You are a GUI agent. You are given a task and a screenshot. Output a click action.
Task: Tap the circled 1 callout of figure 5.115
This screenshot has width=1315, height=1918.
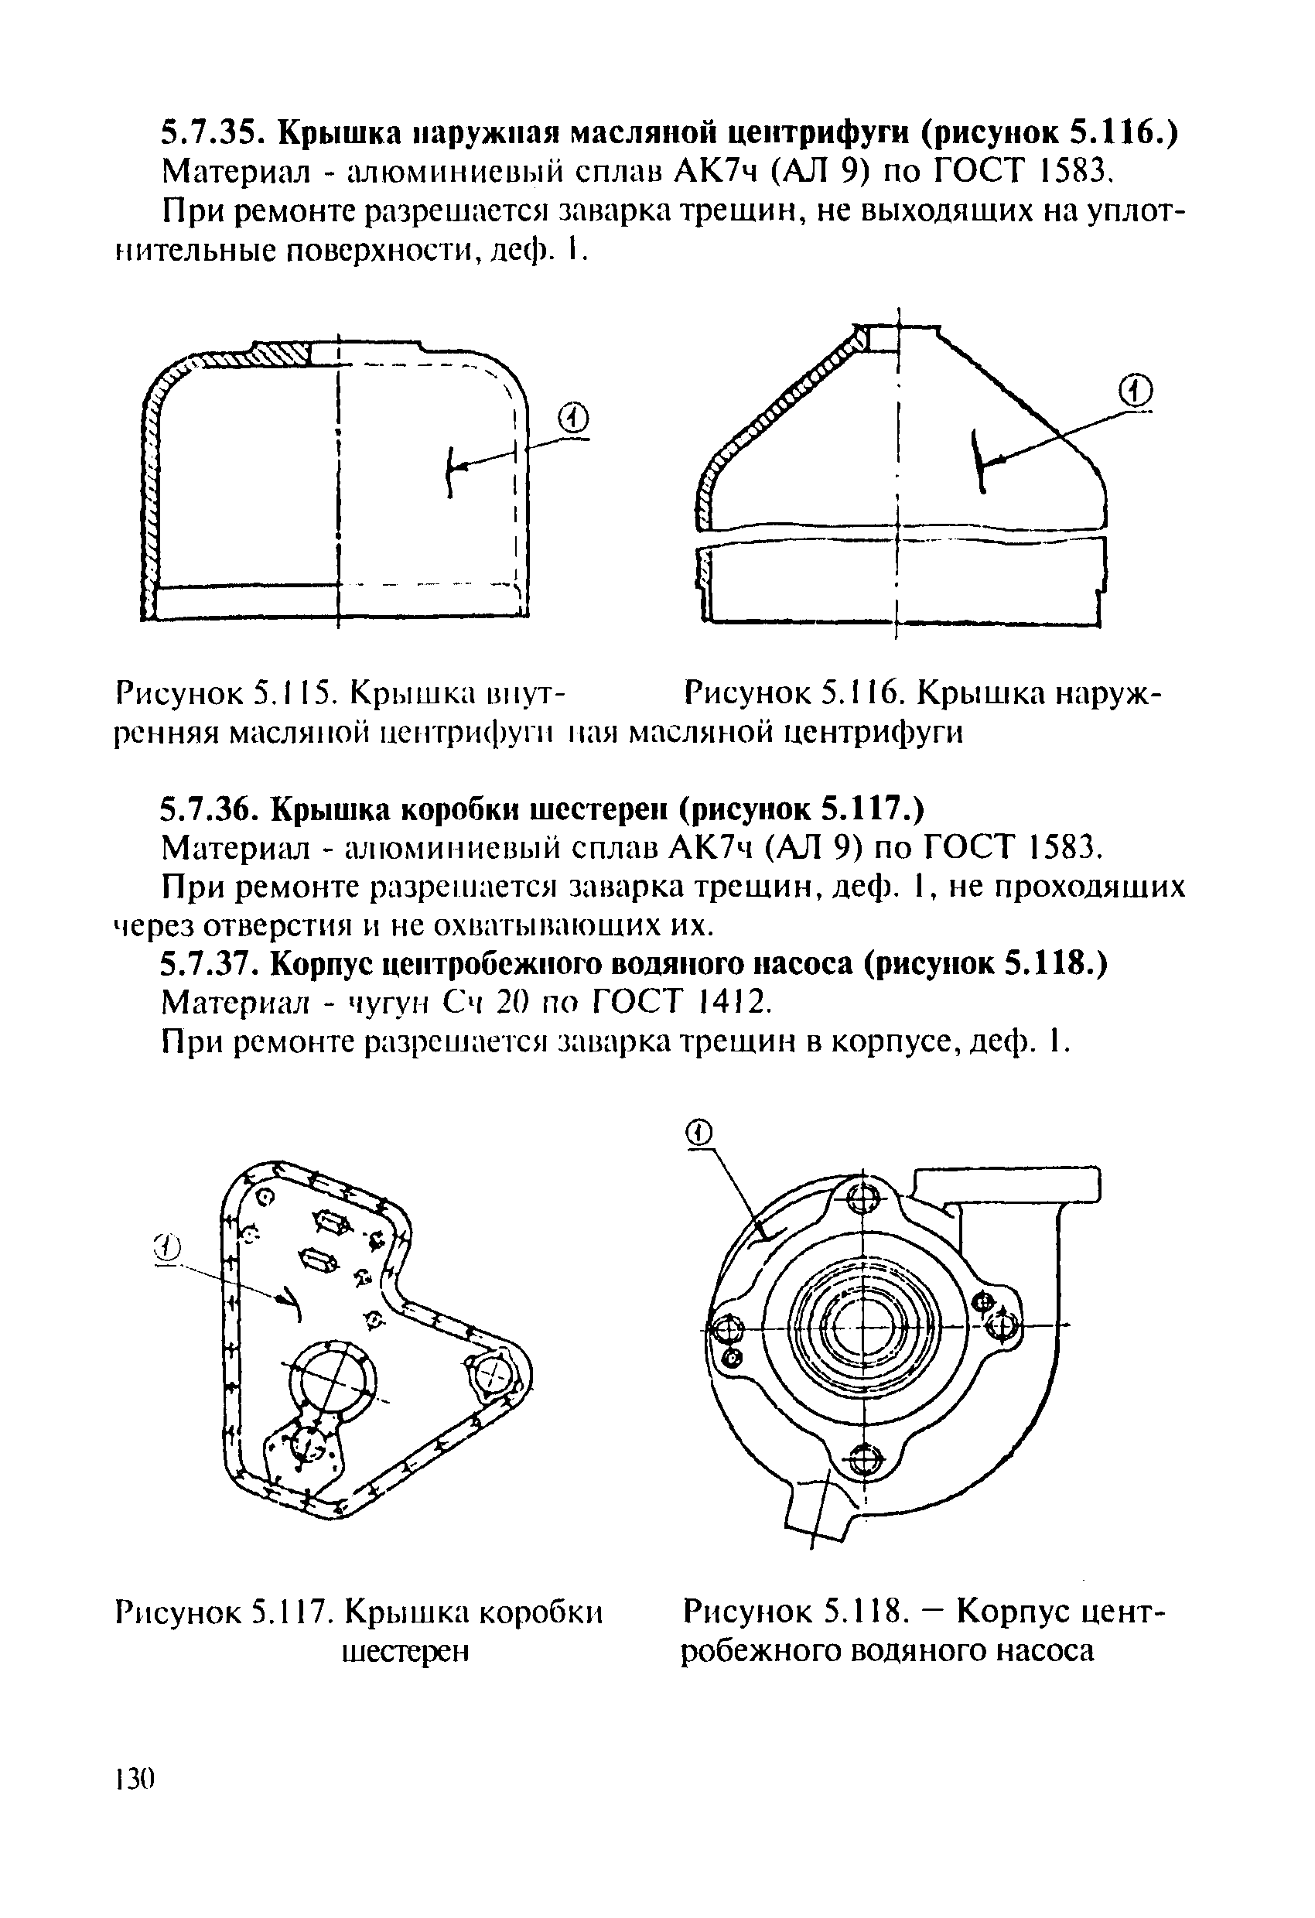coord(574,420)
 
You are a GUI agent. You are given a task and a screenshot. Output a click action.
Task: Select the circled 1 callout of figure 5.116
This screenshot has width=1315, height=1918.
coord(1137,391)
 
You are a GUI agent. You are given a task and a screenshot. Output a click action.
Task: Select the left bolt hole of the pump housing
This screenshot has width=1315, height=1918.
coord(729,1328)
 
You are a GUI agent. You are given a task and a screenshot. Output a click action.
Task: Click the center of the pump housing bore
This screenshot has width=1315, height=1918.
coord(863,1327)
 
